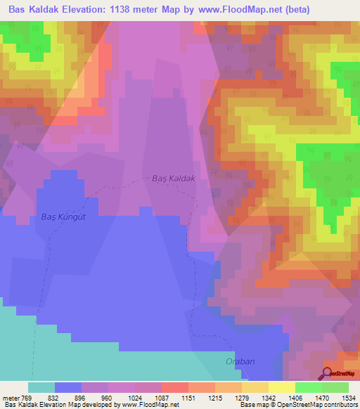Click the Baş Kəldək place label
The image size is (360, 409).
[173, 178]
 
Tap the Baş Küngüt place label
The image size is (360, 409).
[63, 216]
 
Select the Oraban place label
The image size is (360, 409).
[240, 361]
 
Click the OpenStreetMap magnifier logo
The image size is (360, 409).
[327, 373]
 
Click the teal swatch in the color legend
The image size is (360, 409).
[41, 387]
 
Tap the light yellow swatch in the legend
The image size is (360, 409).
[281, 387]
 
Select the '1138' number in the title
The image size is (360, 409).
[129, 9]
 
